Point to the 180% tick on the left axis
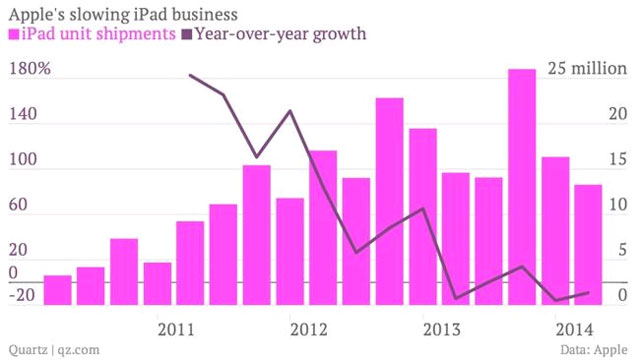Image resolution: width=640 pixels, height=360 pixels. [29, 70]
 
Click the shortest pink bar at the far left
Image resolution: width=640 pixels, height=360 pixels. [58, 291]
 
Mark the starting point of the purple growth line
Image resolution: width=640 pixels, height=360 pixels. [190, 75]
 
